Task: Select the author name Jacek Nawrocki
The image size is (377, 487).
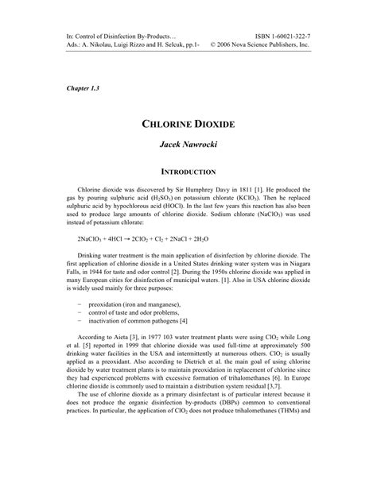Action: pos(188,148)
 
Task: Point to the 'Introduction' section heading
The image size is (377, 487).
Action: pos(188,171)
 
